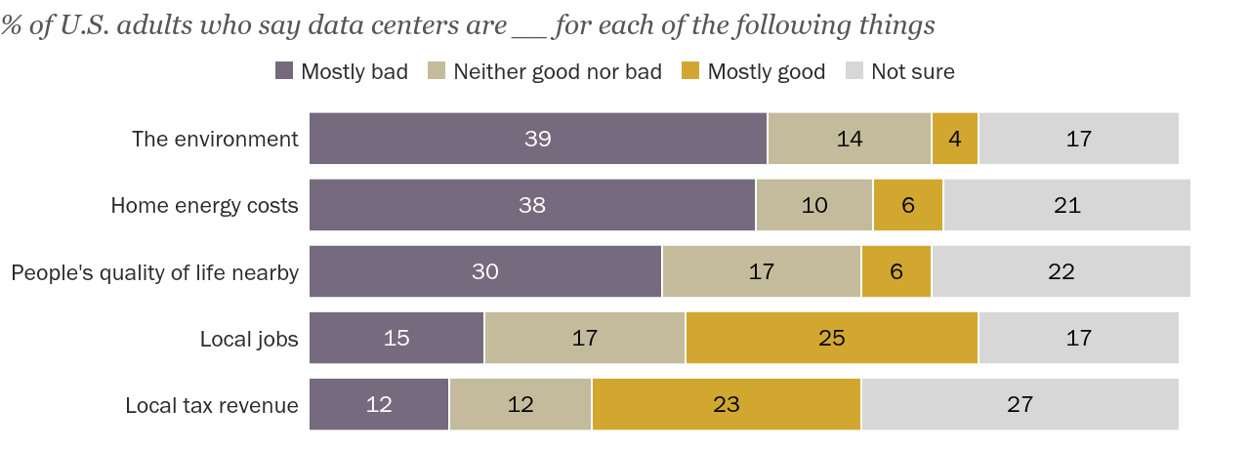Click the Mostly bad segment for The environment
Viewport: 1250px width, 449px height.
coord(538,139)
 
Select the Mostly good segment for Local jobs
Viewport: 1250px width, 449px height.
coord(831,338)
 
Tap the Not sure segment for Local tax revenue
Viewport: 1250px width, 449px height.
coord(1020,404)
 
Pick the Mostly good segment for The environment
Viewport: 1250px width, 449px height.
coord(954,139)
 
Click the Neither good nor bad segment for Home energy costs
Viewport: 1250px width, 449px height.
coord(814,205)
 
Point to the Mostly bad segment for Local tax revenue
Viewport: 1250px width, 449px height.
coord(379,404)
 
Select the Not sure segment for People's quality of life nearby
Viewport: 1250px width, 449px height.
coord(1061,271)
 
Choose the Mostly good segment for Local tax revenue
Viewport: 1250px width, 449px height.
coord(726,404)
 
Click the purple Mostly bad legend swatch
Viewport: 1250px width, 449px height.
coord(284,71)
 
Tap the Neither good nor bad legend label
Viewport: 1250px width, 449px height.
coord(558,71)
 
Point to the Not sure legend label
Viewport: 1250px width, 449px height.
coord(912,71)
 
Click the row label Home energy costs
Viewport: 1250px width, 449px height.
coord(204,205)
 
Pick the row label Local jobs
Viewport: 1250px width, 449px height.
coord(249,338)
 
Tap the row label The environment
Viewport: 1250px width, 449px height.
coord(215,139)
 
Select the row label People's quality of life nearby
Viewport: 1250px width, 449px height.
coord(154,271)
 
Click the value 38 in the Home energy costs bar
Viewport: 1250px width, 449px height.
coord(532,205)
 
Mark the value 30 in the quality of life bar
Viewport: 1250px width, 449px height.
coord(485,271)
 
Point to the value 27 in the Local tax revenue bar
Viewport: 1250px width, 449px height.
coord(1020,404)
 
